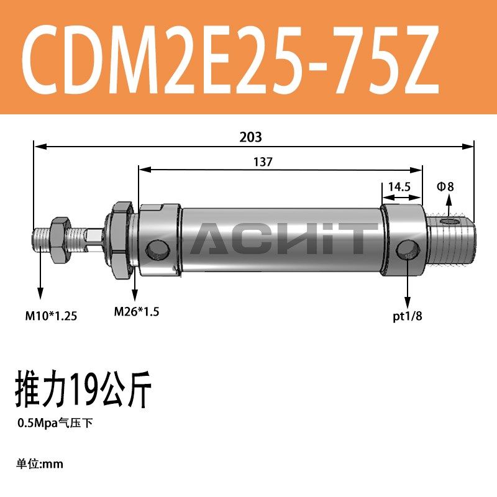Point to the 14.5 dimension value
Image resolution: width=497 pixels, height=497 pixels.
(x=398, y=187)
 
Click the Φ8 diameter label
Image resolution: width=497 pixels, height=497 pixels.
(x=447, y=187)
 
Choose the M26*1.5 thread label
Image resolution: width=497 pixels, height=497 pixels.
(x=137, y=312)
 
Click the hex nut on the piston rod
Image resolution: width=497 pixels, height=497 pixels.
(x=60, y=239)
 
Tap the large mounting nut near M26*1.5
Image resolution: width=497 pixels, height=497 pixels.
(x=120, y=239)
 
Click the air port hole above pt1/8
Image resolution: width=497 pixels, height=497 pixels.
(x=406, y=251)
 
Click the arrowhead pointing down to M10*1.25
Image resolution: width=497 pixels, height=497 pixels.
(x=40, y=297)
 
